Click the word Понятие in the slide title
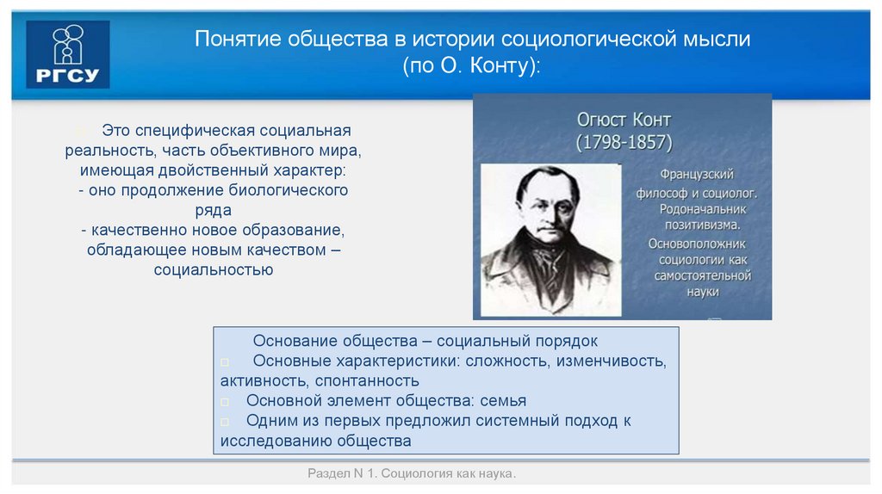(235, 40)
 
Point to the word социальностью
(214, 269)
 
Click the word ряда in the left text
(214, 209)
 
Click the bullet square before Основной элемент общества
(225, 402)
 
